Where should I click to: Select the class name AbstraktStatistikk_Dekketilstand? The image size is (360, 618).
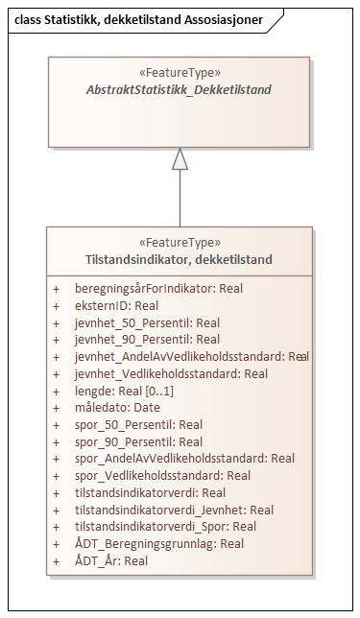(180, 90)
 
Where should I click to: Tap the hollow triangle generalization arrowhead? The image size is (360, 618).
(180, 160)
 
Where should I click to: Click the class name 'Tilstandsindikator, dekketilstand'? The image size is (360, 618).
(180, 259)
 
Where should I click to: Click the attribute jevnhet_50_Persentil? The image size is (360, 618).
(147, 322)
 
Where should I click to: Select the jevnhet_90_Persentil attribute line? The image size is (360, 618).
(147, 340)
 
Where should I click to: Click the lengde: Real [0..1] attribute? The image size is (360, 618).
(124, 391)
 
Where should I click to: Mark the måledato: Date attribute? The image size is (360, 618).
(117, 408)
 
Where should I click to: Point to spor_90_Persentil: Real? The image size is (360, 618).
(138, 442)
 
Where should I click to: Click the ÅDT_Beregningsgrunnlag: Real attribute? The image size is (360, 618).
(158, 544)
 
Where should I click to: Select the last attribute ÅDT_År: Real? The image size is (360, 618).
(110, 560)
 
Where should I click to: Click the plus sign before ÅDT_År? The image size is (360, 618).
(57, 560)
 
